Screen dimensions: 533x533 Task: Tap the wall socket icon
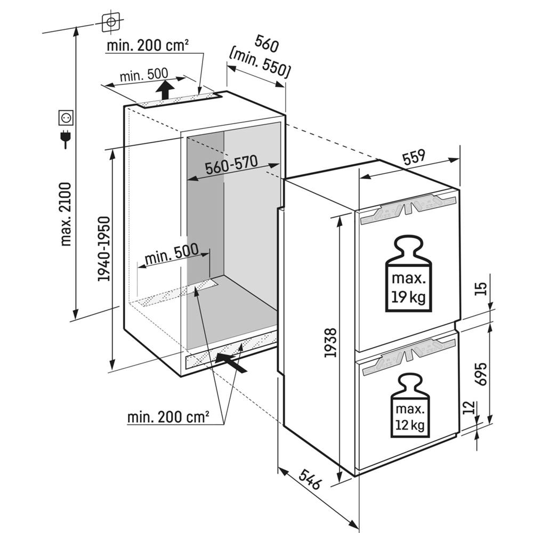point(66,116)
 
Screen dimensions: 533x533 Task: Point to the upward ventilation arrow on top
point(165,89)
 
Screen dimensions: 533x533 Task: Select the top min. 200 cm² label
point(148,45)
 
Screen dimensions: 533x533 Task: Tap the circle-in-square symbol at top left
point(111,22)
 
